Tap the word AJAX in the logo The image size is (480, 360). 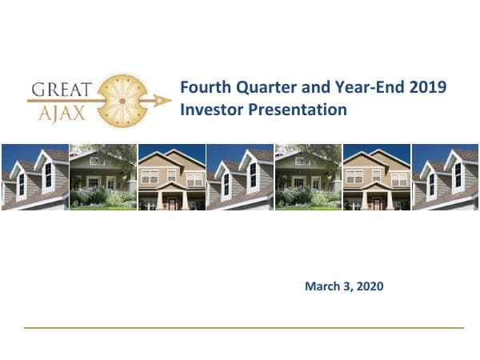(x=59, y=113)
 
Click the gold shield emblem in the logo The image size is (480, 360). (x=121, y=100)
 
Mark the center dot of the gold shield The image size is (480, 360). (x=121, y=101)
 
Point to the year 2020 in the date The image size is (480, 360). (x=369, y=286)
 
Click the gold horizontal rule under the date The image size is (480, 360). (x=243, y=327)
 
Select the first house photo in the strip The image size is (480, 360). (x=34, y=177)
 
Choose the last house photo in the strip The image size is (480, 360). (x=445, y=177)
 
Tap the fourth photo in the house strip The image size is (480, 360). (x=239, y=177)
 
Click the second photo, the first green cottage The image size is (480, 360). (x=102, y=177)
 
